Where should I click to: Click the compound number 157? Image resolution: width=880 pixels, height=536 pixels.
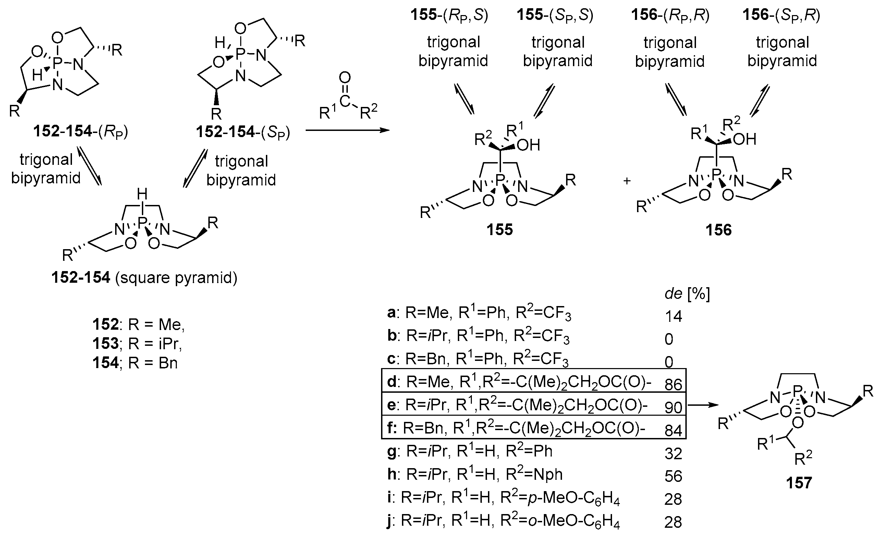point(799,483)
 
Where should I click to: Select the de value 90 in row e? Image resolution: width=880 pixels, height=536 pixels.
point(673,407)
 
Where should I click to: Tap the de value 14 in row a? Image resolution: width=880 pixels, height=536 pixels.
point(673,316)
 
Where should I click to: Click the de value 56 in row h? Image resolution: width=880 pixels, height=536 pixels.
point(673,476)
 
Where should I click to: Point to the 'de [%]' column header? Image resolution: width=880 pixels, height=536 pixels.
point(687,294)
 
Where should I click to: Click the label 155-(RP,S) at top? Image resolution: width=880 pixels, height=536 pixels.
point(449,15)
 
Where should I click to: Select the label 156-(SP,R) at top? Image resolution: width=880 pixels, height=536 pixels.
point(781,15)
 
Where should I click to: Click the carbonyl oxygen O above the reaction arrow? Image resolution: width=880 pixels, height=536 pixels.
point(345,77)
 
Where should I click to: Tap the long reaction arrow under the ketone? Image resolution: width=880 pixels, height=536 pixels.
point(347,130)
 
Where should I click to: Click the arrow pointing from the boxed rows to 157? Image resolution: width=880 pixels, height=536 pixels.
point(702,405)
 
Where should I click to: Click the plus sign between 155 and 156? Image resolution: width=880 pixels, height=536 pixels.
point(627,181)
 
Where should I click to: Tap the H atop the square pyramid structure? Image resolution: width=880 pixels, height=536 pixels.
point(142,194)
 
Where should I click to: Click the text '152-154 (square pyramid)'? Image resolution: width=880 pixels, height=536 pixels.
point(144,278)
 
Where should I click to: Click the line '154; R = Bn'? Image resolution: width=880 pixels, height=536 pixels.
point(135,363)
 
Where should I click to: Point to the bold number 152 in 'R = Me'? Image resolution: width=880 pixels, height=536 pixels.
point(105,324)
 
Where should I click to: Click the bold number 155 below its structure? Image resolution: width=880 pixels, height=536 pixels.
point(499,229)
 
